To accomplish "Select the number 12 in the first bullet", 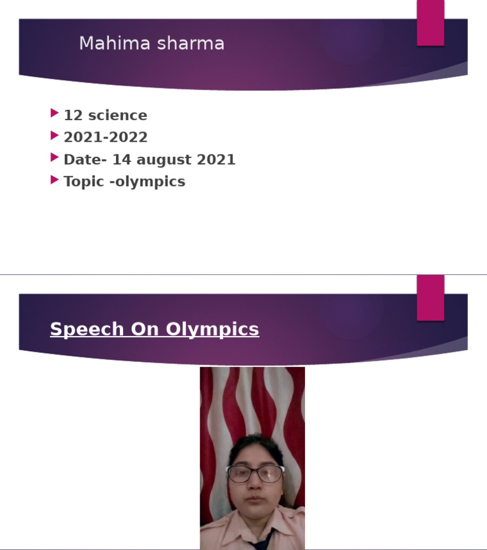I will coord(73,116).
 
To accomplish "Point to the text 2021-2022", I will coord(105,137).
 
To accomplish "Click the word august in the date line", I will coord(163,159).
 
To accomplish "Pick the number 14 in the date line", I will coord(121,159).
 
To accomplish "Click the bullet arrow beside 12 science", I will coord(55,113).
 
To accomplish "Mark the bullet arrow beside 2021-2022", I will coord(55,135).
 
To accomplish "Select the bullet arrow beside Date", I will coord(55,158).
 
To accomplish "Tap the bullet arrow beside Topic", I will coord(55,180).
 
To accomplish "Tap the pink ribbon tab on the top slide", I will coord(431,23).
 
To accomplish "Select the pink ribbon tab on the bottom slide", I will coord(431,298).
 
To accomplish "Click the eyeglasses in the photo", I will coord(256,474).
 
